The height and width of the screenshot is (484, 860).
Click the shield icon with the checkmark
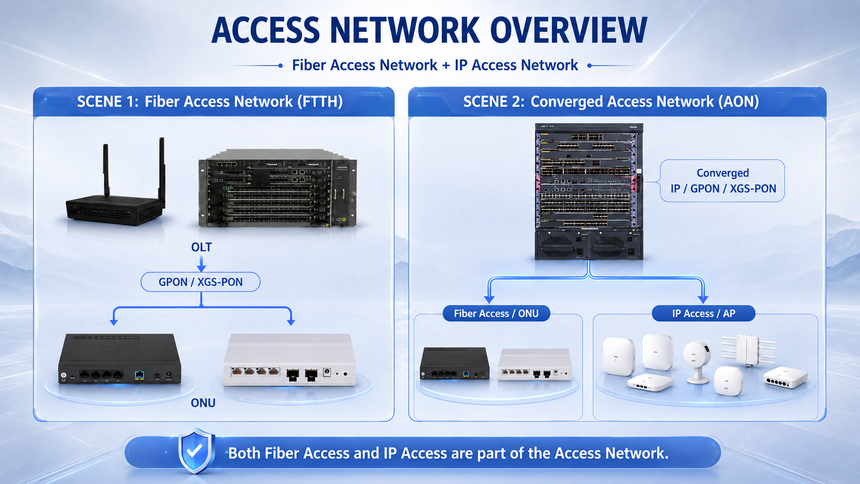(x=195, y=451)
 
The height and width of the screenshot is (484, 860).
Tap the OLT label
(x=202, y=247)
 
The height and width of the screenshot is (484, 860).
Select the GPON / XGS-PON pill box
(x=201, y=282)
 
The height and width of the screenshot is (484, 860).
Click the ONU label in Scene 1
(x=203, y=403)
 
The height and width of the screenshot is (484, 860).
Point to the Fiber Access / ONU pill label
(x=496, y=314)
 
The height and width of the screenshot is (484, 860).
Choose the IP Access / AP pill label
(x=704, y=314)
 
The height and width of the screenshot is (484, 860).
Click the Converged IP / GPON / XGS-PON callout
(x=722, y=181)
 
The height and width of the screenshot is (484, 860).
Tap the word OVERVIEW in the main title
(x=568, y=30)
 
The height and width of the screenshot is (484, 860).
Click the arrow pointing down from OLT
(x=201, y=264)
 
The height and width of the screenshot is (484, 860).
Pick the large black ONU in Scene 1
(x=119, y=358)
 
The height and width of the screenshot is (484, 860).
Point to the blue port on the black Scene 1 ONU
(x=140, y=375)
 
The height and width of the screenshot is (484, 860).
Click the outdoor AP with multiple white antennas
(x=748, y=350)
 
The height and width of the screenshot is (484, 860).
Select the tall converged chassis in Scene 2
(x=589, y=191)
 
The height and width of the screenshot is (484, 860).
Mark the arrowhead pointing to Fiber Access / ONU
(x=489, y=299)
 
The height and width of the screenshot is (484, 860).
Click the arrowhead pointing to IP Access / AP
(x=703, y=299)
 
